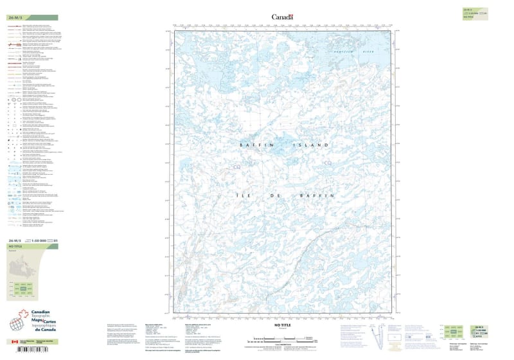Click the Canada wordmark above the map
click(282, 17)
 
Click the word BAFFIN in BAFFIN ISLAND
click(254, 145)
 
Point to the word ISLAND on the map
click(313, 145)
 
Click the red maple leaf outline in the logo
click(26, 315)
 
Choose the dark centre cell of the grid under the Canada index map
click(24, 290)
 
